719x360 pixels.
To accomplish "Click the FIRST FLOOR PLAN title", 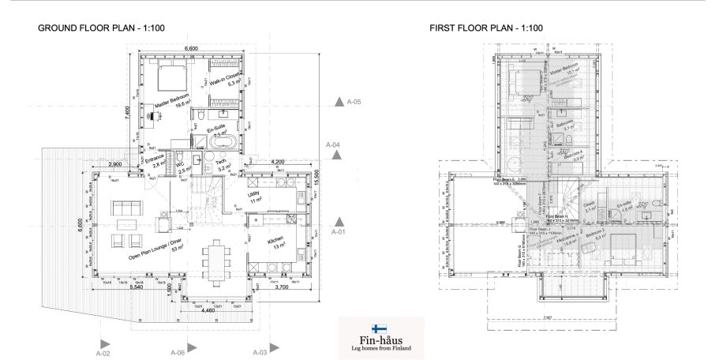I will [x=486, y=28].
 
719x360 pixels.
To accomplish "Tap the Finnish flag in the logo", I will [x=380, y=328].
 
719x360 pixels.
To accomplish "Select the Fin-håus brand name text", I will [x=380, y=339].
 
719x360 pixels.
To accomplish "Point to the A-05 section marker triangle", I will [x=338, y=102].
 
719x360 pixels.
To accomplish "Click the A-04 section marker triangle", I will [x=338, y=156].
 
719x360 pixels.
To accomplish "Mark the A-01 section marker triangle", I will [x=338, y=222].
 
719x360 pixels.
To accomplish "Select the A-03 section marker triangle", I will [x=273, y=346].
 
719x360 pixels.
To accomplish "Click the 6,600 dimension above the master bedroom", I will [x=191, y=49].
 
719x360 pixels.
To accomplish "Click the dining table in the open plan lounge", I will [x=215, y=261].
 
